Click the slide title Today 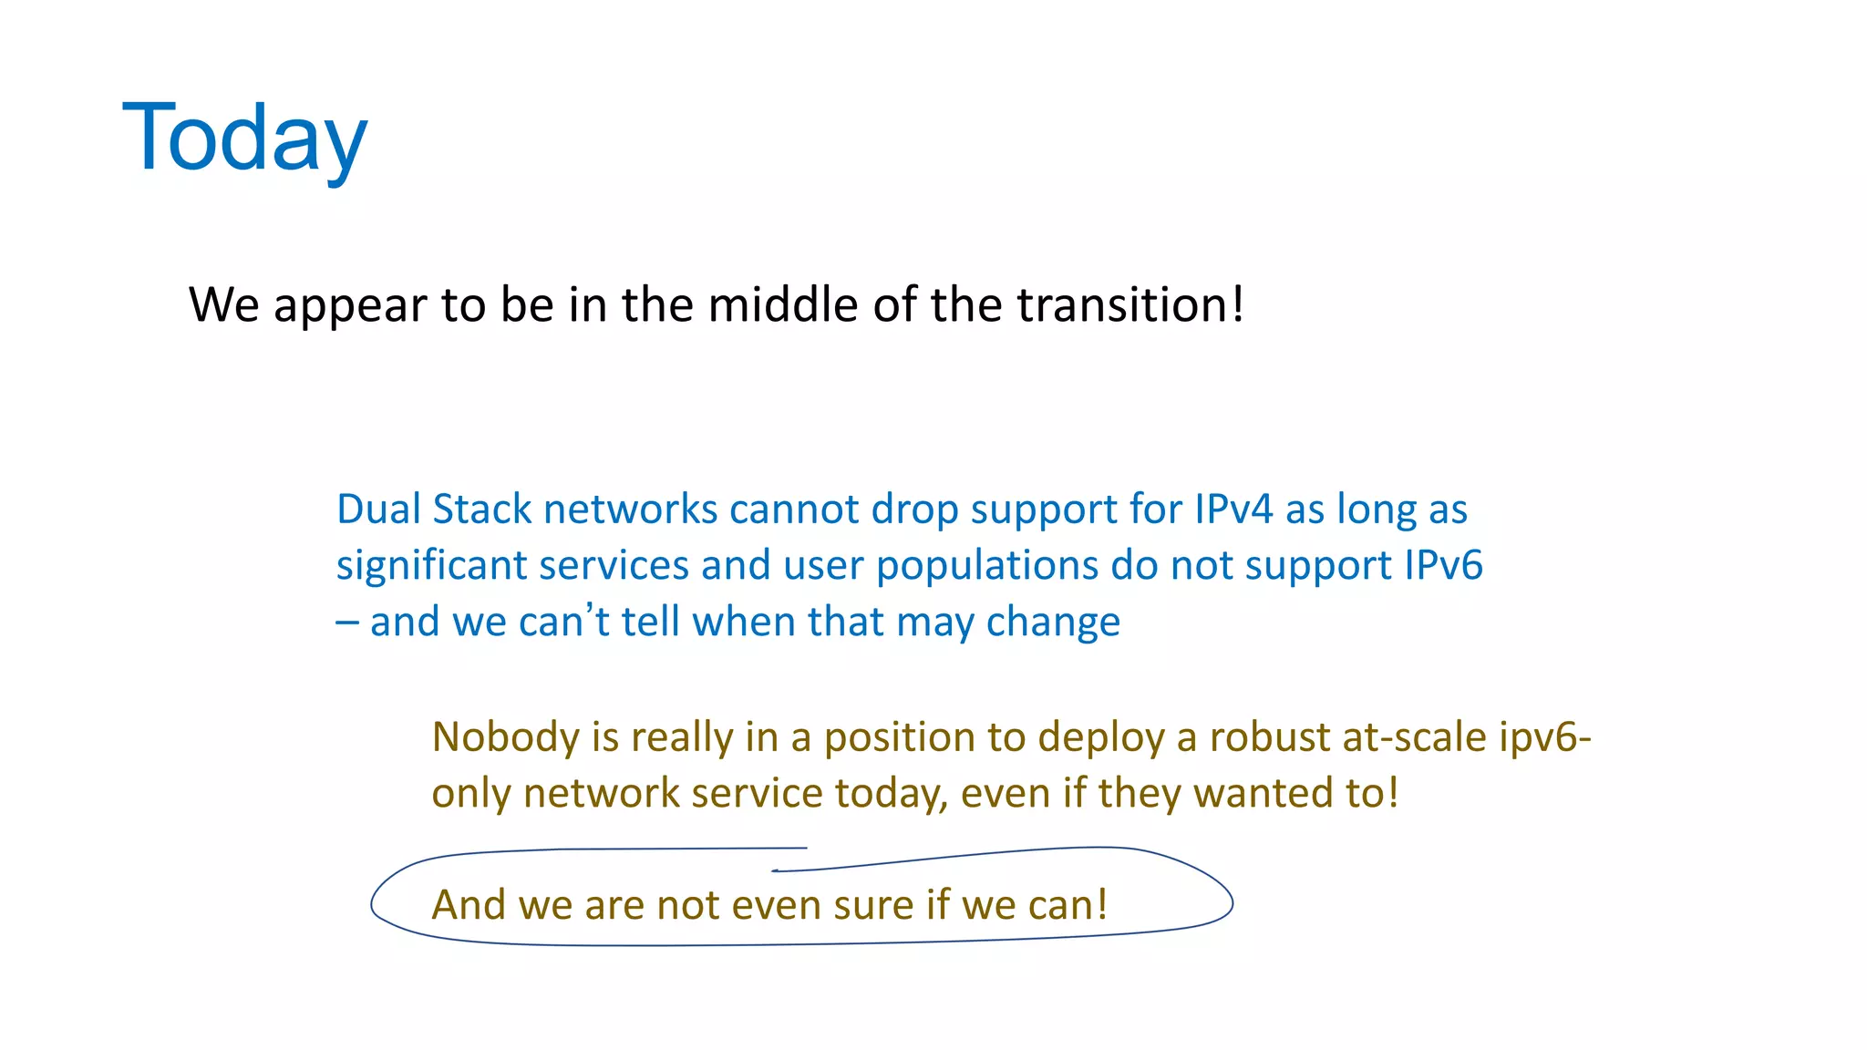click(x=244, y=139)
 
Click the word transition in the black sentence click(x=1123, y=304)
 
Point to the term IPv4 click(x=1233, y=509)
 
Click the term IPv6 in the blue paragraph click(x=1443, y=565)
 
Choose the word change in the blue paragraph click(x=1053, y=623)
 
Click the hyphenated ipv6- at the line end click(x=1544, y=737)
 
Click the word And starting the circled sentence click(x=469, y=905)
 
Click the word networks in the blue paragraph click(x=631, y=509)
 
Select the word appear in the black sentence click(x=350, y=306)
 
